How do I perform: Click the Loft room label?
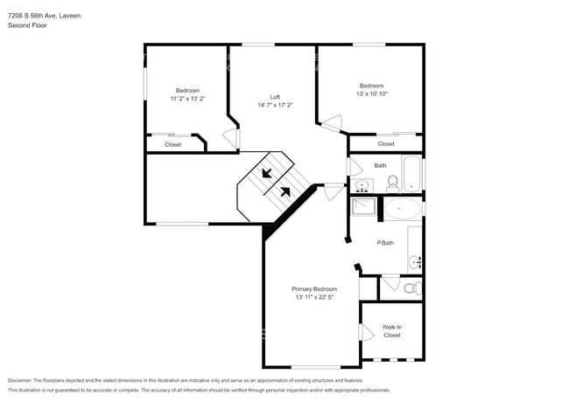coord(275,96)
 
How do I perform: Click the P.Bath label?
coord(385,242)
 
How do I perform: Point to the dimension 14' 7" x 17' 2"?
coord(275,105)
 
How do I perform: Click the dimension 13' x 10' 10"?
coord(372,94)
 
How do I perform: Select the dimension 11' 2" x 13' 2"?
coord(187,99)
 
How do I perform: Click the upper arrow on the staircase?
coord(267,172)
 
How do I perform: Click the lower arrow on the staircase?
coord(285,191)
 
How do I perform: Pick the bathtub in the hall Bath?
coord(411,173)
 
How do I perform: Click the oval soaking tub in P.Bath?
coord(404,208)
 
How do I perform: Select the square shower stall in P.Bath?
coord(363,207)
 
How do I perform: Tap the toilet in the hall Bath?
coord(393,184)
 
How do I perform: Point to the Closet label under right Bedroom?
coord(386,143)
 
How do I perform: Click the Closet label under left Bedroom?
coord(173,144)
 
